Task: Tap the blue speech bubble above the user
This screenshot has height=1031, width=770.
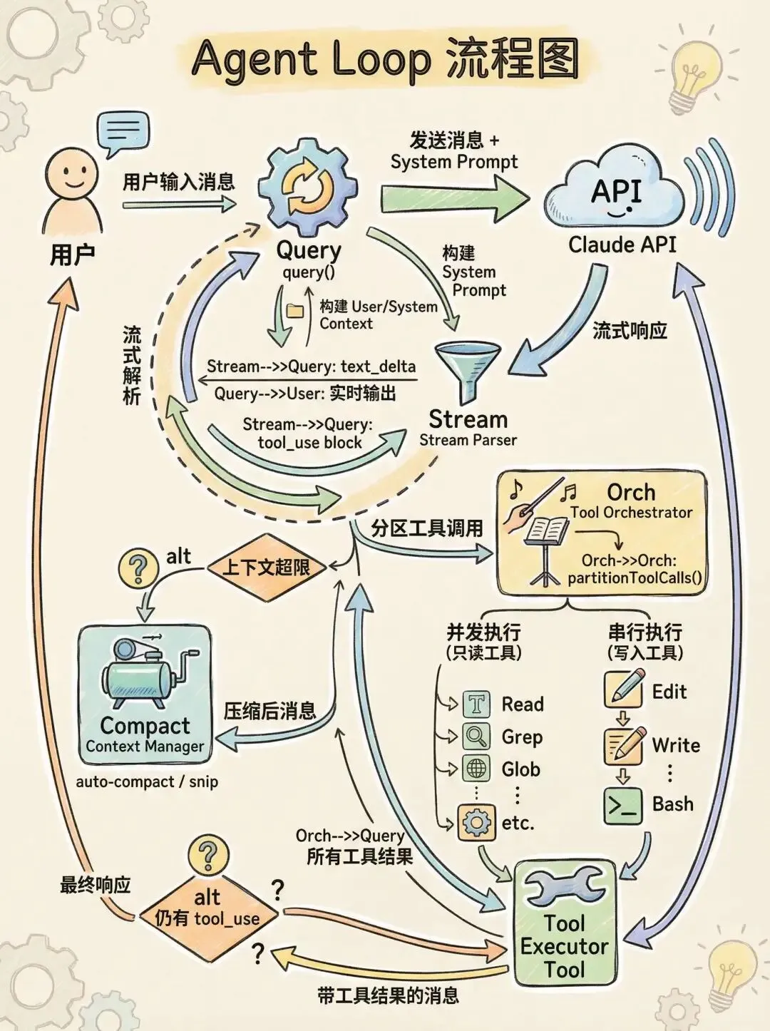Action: click(123, 133)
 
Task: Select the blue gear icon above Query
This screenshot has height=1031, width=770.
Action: click(308, 187)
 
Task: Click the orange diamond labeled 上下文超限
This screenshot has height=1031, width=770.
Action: click(266, 568)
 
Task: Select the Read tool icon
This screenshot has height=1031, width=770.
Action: click(476, 704)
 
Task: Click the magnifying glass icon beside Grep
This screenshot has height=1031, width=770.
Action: click(476, 737)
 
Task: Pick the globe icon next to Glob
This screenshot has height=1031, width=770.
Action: click(476, 769)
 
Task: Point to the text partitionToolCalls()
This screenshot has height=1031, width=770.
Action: click(635, 578)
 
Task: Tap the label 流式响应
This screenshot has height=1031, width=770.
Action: click(630, 330)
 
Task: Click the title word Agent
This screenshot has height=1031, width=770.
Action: click(253, 60)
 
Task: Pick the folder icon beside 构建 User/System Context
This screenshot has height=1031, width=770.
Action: click(295, 310)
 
